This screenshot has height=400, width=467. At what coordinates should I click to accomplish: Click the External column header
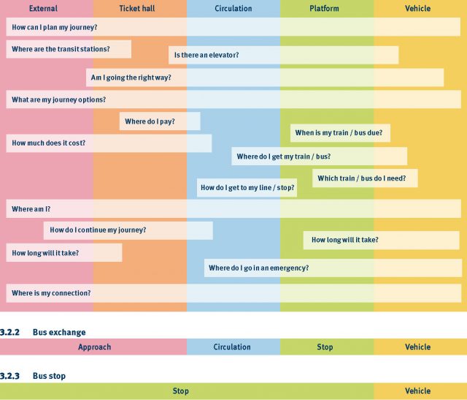tap(43, 9)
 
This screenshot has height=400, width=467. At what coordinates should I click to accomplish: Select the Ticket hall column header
tap(139, 9)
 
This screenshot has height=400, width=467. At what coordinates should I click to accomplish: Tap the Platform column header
tap(324, 9)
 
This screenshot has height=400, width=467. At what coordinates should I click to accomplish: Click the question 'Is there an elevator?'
tap(206, 55)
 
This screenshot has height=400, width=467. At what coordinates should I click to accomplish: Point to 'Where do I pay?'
tap(150, 121)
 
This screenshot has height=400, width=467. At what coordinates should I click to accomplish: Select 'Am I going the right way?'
tap(130, 78)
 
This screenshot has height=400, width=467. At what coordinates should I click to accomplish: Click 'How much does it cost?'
tap(48, 143)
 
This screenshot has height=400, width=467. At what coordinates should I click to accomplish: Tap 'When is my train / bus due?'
tap(333, 133)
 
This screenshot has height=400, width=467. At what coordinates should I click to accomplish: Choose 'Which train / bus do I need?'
tap(366, 178)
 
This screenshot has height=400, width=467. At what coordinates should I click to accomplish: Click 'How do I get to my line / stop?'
tap(247, 189)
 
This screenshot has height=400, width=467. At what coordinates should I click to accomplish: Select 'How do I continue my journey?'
tap(98, 230)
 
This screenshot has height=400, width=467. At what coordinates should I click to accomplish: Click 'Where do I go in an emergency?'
tap(258, 268)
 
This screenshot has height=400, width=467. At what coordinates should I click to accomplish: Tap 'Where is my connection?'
tap(51, 293)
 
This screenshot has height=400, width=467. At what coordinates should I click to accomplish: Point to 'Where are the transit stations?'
tap(61, 49)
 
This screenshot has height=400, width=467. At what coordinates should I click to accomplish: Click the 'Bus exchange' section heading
tap(59, 332)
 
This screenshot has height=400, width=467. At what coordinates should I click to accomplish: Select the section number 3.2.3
tap(9, 376)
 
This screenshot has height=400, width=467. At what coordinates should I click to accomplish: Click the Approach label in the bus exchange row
tap(94, 347)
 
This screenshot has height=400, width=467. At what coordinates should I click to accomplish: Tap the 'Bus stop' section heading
tap(49, 376)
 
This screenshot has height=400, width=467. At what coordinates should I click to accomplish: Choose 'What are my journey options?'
tap(58, 99)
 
